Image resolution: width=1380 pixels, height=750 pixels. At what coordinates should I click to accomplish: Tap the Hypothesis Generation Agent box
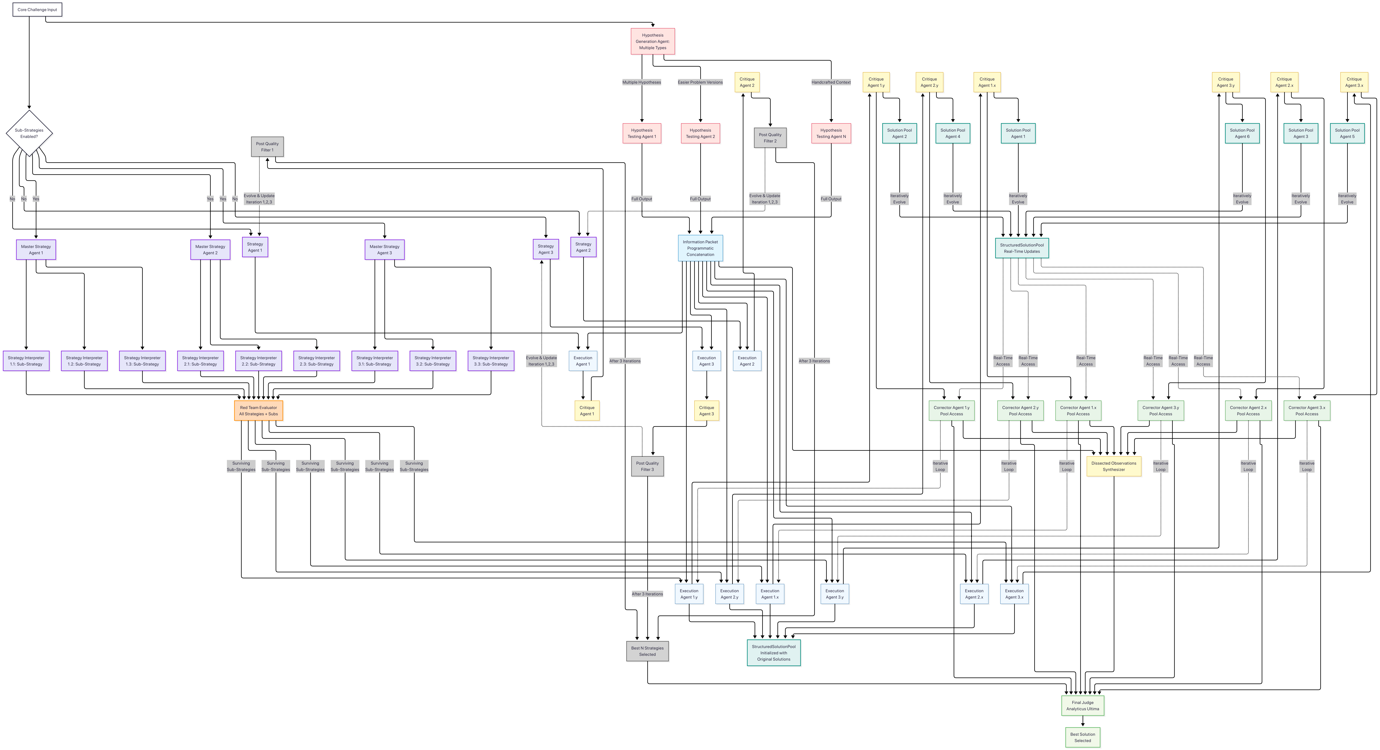[x=652, y=41]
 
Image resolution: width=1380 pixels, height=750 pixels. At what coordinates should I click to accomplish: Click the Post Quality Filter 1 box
[x=267, y=147]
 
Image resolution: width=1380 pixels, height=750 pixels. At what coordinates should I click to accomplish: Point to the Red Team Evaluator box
[x=258, y=411]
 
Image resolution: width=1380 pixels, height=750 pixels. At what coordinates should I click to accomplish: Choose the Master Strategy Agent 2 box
[x=210, y=250]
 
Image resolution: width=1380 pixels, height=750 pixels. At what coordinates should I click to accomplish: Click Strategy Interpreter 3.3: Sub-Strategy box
[x=491, y=361]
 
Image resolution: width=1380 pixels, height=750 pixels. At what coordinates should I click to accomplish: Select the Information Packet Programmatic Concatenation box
[x=700, y=248]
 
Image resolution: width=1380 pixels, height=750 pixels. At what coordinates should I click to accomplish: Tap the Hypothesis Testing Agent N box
[x=831, y=133]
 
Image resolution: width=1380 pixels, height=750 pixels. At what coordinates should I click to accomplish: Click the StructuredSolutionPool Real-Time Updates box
[x=1022, y=248]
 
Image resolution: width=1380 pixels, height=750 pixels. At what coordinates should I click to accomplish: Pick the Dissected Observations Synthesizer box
[x=1114, y=466]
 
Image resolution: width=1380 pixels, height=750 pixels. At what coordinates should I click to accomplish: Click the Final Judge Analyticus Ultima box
[x=1083, y=706]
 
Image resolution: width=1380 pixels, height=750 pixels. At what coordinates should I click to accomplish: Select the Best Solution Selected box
[x=1083, y=737]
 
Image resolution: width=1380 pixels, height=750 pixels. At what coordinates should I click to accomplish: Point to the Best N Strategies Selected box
[x=647, y=651]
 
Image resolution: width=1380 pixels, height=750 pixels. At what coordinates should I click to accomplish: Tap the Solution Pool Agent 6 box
[x=1242, y=133]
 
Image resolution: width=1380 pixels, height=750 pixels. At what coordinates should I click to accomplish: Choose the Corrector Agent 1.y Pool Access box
[x=951, y=411]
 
